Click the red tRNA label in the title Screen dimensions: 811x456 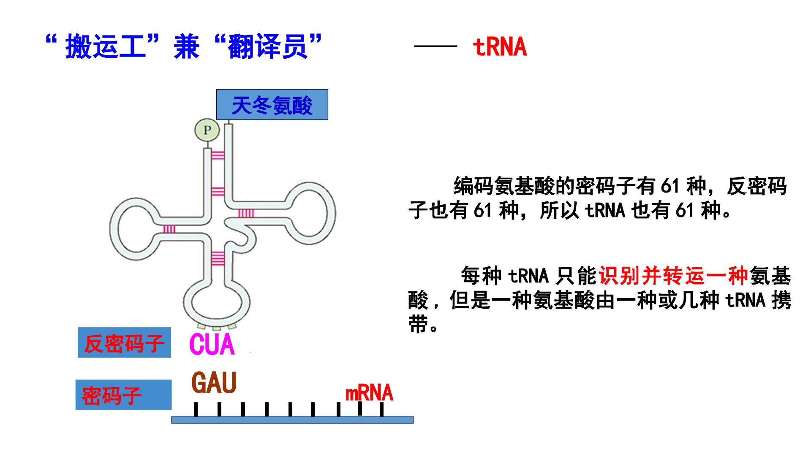click(x=500, y=47)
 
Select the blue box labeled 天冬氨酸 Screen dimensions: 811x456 click(x=272, y=105)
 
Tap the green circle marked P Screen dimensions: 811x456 click(x=207, y=130)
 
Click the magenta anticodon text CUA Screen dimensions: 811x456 click(x=212, y=345)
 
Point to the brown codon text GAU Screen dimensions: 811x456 click(x=214, y=383)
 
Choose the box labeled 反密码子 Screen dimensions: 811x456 click(x=124, y=342)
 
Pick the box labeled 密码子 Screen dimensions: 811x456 click(x=123, y=395)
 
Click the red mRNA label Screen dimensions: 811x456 click(x=369, y=393)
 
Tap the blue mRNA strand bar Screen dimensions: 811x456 click(x=292, y=419)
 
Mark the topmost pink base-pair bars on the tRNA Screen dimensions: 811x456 click(x=218, y=156)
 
